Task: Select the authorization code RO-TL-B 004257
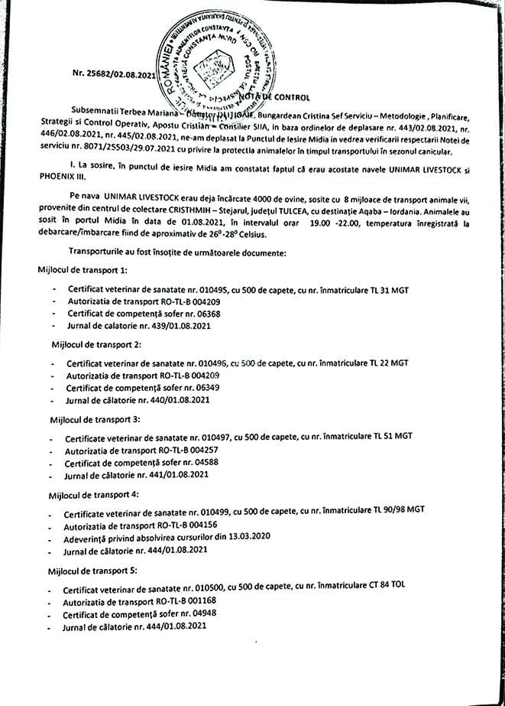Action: click(x=180, y=450)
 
